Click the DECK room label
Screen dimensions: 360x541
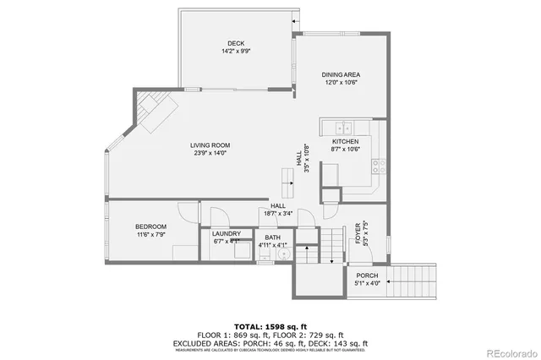(235, 44)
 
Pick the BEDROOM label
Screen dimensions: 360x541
(150, 226)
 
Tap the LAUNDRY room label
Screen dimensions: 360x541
(227, 233)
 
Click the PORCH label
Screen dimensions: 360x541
(367, 275)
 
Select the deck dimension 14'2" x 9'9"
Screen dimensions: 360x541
(235, 52)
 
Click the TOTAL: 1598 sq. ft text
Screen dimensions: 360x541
(270, 325)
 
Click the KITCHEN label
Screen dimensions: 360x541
(345, 141)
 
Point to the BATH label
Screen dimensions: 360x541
(272, 237)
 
